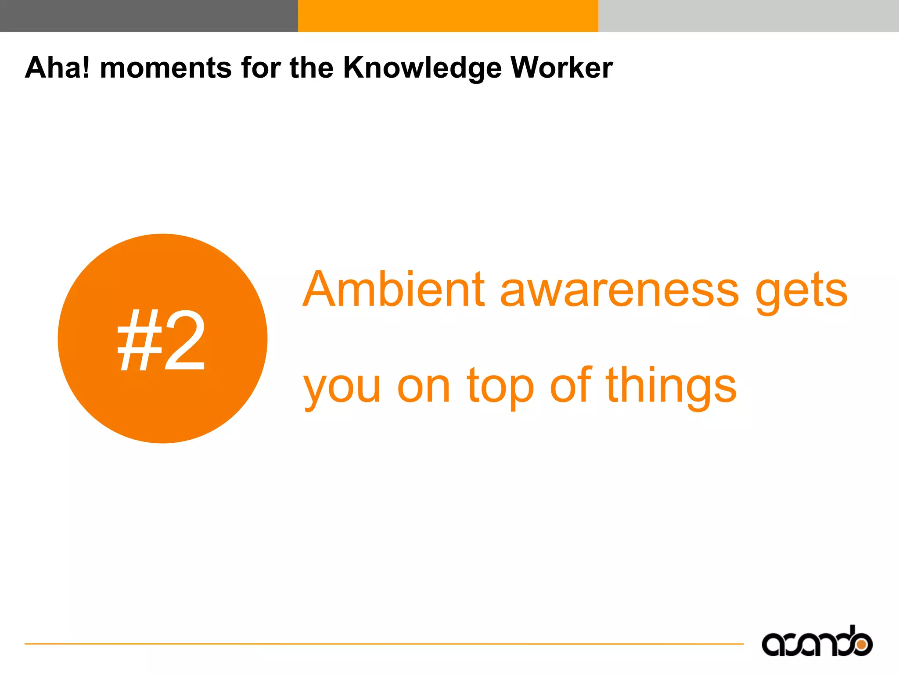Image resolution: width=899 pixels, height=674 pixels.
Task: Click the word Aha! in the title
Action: tap(58, 68)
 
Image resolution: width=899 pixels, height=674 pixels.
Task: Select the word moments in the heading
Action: tap(166, 68)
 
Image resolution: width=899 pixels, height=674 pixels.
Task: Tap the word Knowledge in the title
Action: tap(422, 68)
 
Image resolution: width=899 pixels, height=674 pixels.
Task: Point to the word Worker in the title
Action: tap(561, 68)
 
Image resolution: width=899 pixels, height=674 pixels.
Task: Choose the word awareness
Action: tap(619, 290)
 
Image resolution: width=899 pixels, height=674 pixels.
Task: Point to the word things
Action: tap(671, 386)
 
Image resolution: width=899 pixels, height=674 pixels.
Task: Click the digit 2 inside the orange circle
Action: tap(184, 340)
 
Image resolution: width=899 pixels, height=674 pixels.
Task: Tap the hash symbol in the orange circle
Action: tap(139, 340)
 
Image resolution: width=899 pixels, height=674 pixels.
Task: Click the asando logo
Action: tap(816, 642)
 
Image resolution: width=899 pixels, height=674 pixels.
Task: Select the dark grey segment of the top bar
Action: tap(149, 16)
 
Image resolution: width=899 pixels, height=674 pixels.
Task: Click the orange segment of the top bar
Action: tap(448, 16)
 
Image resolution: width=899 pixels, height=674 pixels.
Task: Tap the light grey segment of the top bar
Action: tap(748, 16)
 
